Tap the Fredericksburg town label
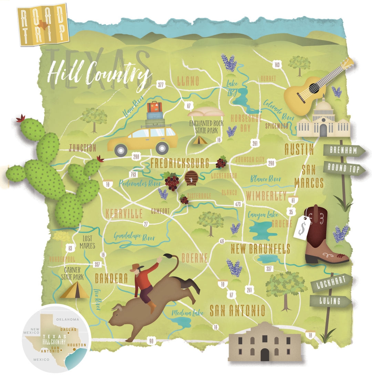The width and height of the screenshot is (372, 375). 179,163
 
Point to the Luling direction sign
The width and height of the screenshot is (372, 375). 331,301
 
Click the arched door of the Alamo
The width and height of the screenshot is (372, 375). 265,354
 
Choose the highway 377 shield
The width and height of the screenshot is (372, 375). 160,85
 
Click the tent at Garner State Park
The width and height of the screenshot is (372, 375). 75,290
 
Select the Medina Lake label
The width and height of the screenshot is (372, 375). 189,313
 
